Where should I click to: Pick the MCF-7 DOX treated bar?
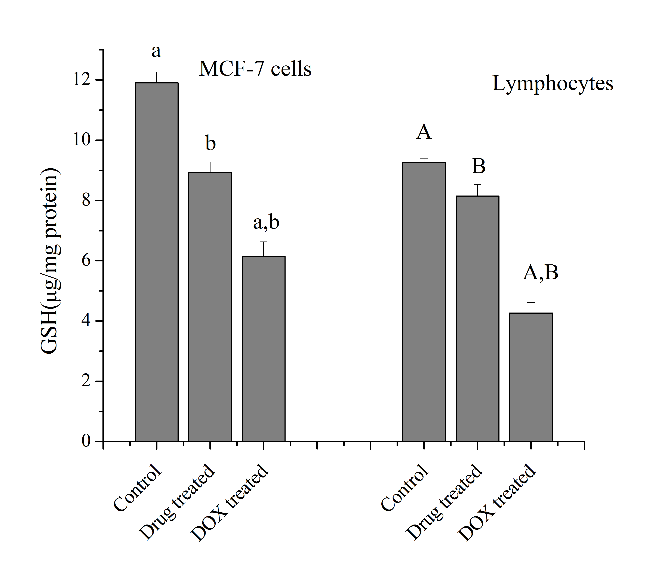(x=263, y=348)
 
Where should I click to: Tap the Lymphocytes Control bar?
(x=424, y=302)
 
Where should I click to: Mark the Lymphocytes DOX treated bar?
(x=531, y=377)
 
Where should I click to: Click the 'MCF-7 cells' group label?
(x=255, y=69)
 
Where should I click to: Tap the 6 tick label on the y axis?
(x=86, y=260)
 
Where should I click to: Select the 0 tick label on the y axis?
(x=86, y=441)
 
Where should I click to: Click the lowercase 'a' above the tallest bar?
(x=156, y=51)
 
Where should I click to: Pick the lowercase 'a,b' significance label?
(x=266, y=222)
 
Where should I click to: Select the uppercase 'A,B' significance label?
(x=540, y=273)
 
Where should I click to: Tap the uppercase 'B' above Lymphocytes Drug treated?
(x=478, y=166)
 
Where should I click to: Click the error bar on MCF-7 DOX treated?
(x=263, y=249)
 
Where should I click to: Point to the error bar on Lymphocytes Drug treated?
(x=477, y=190)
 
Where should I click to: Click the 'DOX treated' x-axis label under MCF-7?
(x=229, y=502)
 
